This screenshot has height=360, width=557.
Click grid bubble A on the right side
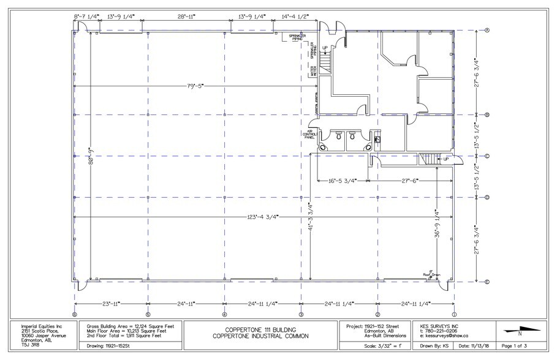pos(487,30)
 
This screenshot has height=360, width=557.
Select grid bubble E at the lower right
pos(487,282)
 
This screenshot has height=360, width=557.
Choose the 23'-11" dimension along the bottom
pos(110,304)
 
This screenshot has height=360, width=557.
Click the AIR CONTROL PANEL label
pos(309,134)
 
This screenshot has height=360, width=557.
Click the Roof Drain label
pos(432,275)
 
